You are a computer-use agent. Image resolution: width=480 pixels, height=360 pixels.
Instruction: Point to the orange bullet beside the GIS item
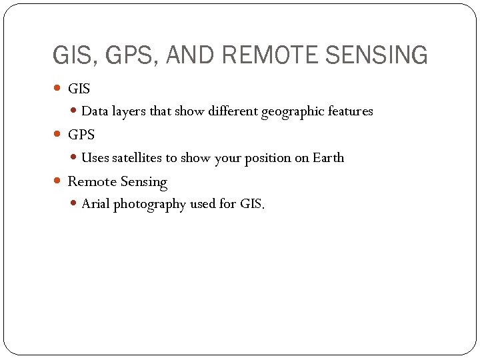pos(57,88)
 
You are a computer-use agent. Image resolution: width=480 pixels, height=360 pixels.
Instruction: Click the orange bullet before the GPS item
pos(57,135)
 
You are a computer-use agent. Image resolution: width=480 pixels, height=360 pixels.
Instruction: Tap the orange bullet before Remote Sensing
pos(57,181)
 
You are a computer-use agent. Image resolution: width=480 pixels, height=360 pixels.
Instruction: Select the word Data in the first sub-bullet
pos(95,111)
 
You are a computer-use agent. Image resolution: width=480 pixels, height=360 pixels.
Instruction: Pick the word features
pos(351,111)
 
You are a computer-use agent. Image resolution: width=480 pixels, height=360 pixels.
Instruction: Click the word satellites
pos(137,158)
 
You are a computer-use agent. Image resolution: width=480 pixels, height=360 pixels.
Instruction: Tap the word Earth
pos(329,158)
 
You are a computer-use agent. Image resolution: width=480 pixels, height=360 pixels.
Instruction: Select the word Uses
pos(95,158)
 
